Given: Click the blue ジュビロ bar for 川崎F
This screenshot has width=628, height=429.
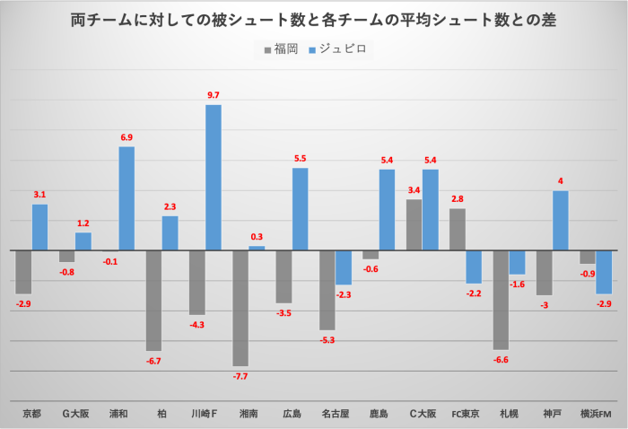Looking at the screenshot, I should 214,177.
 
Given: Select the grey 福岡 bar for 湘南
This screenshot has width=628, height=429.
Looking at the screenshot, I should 240,307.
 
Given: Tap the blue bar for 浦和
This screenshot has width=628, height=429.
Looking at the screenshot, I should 126,198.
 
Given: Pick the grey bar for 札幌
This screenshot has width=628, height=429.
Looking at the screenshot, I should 501,299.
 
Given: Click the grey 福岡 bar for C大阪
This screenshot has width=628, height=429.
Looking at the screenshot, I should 414,224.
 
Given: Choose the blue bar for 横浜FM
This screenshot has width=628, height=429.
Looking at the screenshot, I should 604,271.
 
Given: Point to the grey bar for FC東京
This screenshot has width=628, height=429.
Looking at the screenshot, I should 458,229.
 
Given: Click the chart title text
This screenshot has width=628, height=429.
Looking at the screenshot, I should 313,20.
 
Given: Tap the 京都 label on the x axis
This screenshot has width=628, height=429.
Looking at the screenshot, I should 31,414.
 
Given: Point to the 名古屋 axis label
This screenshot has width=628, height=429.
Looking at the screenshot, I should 336,414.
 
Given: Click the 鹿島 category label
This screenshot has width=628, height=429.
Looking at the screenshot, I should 379,414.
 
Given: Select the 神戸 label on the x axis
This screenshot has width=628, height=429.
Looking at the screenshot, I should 553,414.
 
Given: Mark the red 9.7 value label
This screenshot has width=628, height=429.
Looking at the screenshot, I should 214,95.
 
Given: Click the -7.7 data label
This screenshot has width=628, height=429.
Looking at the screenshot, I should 240,376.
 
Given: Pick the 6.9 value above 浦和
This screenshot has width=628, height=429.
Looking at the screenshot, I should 126,137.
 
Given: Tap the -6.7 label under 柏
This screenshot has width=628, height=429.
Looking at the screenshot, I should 154,360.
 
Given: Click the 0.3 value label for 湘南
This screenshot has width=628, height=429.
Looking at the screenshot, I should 257,237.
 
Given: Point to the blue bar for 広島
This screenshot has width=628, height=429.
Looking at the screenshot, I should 300,208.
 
